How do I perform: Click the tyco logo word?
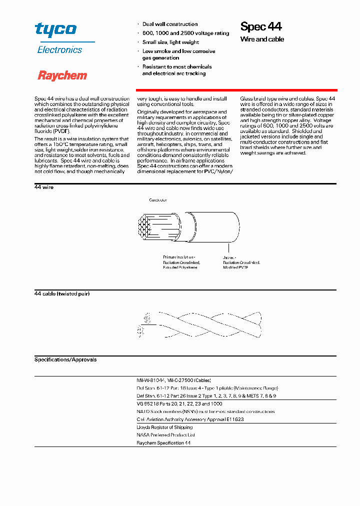pos(55,29)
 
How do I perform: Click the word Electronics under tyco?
pos(59,50)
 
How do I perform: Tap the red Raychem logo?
pos(62,75)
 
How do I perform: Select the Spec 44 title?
pos(261,26)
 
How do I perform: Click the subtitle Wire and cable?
pos(262,39)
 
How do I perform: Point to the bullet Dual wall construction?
pos(169,24)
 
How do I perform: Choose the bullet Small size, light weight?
pos(170,42)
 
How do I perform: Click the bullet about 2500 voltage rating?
pos(185,33)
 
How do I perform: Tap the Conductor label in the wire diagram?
pos(157,200)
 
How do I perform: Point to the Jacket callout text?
pos(241,262)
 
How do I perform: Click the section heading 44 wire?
pos(44,187)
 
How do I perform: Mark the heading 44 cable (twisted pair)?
pos(62,293)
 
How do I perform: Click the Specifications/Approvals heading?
pos(65,359)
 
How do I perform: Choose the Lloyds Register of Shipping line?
pos(164,427)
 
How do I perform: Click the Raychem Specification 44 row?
pos(163,443)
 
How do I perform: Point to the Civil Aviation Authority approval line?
pos(190,419)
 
